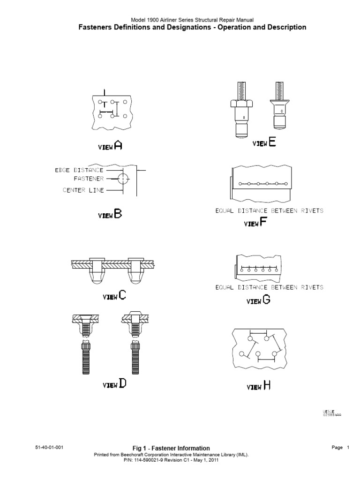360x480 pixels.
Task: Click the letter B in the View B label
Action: pyautogui.click(x=118, y=214)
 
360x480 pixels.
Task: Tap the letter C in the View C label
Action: pyautogui.click(x=122, y=295)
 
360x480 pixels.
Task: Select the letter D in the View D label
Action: pyautogui.click(x=122, y=384)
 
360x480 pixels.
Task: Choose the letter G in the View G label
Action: pyautogui.click(x=266, y=300)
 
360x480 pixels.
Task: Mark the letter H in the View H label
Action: pyautogui.click(x=266, y=385)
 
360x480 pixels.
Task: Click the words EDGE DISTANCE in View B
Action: pyautogui.click(x=79, y=170)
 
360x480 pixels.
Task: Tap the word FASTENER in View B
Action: pyautogui.click(x=89, y=179)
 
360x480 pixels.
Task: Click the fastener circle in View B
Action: pyautogui.click(x=123, y=179)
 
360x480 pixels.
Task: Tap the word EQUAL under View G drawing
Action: pyautogui.click(x=226, y=287)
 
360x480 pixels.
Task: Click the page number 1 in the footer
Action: pyautogui.click(x=348, y=448)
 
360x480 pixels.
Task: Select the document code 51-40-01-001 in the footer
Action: pyautogui.click(x=49, y=447)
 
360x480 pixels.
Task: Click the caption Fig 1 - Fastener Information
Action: pyautogui.click(x=171, y=448)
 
